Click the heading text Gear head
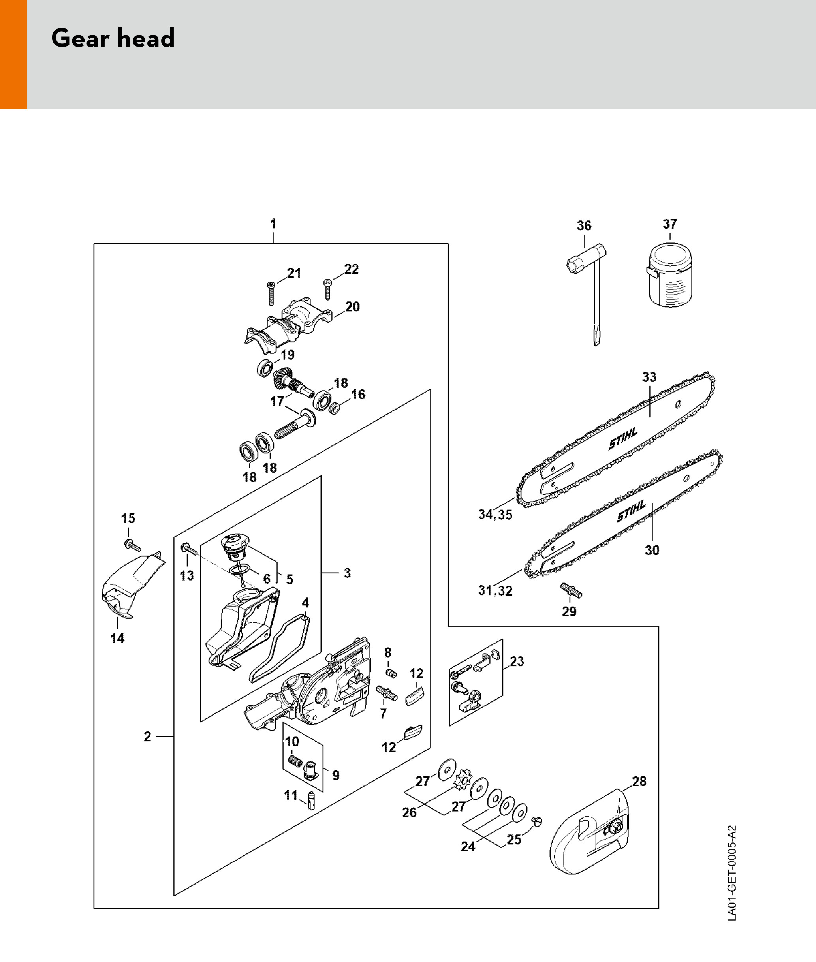click(x=113, y=38)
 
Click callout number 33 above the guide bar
click(x=649, y=377)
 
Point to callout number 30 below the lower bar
click(x=652, y=550)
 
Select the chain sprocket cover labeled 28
click(x=589, y=832)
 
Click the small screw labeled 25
click(x=537, y=821)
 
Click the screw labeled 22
click(x=328, y=289)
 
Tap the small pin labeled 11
click(x=311, y=800)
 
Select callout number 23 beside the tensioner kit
click(x=517, y=661)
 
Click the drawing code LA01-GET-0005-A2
click(x=732, y=873)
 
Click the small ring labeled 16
click(x=334, y=408)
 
